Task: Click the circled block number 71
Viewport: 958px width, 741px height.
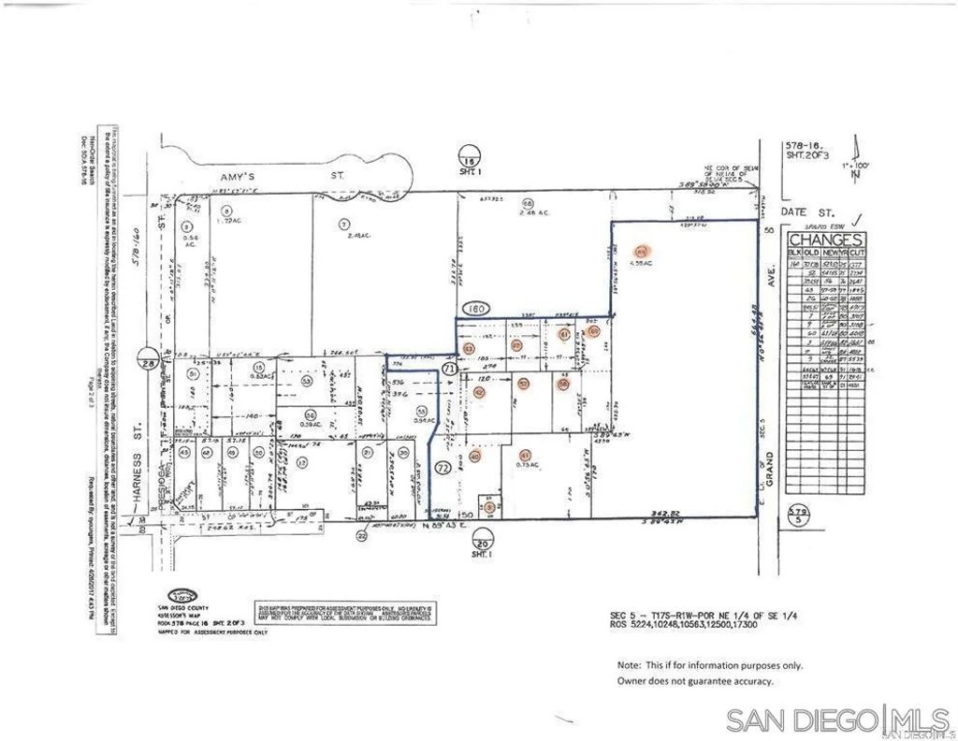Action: (x=449, y=370)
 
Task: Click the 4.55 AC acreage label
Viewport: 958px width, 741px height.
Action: (x=641, y=263)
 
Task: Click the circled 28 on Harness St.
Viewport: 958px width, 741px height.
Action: (x=146, y=364)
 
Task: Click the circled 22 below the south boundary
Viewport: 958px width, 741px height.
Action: (x=362, y=535)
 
